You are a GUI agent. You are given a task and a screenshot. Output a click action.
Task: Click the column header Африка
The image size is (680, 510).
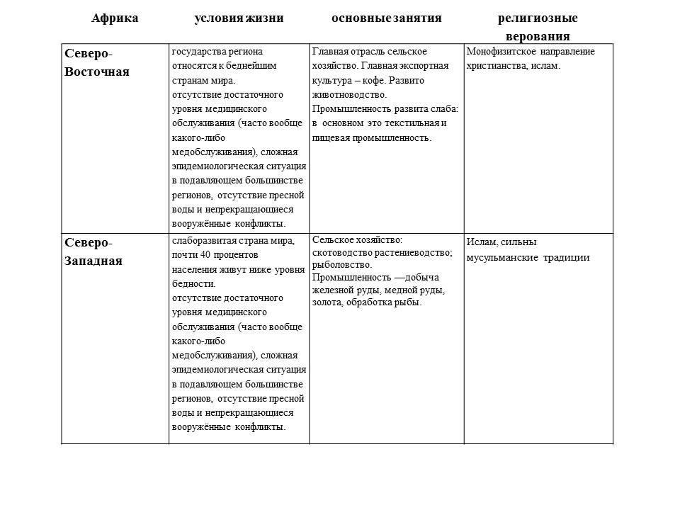[115, 18]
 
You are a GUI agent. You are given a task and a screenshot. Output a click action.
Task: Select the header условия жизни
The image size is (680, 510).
[239, 18]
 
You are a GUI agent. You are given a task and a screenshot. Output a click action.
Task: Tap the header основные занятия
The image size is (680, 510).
[387, 18]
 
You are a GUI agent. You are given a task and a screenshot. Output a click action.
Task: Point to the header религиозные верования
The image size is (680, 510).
[538, 27]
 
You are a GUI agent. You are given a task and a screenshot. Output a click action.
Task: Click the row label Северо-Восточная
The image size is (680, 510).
[97, 63]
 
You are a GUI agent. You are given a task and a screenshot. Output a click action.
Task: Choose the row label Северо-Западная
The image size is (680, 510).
[93, 251]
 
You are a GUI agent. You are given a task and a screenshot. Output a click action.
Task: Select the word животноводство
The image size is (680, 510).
[350, 93]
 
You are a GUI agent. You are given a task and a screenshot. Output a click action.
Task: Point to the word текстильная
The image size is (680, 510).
[414, 123]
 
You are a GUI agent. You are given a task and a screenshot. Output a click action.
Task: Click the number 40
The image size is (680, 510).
[205, 254]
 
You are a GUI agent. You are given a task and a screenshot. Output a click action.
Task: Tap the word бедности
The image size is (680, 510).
[189, 283]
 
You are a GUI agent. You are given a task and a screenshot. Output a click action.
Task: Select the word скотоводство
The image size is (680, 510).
[343, 253]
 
